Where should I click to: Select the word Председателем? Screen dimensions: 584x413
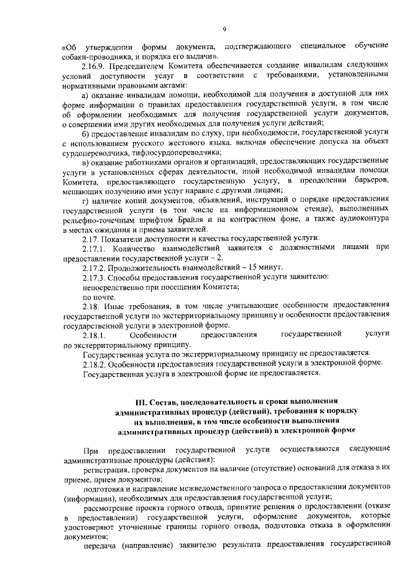[137, 66]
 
